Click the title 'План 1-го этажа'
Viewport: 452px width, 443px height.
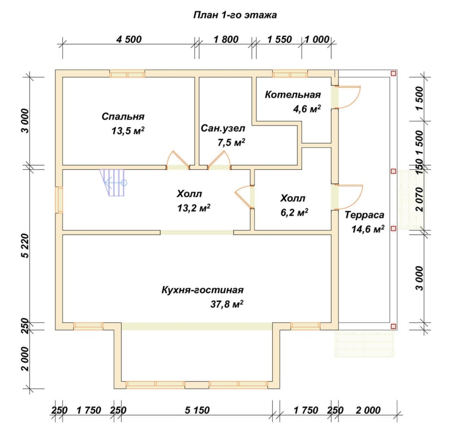[235, 15]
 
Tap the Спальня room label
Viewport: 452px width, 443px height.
[123, 117]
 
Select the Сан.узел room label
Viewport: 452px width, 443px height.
[223, 128]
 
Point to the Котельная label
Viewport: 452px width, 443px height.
[293, 94]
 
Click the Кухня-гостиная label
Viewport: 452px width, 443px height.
[202, 290]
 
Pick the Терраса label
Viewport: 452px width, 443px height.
[365, 215]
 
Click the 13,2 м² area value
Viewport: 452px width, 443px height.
[194, 207]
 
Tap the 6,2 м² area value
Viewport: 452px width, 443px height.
[294, 212]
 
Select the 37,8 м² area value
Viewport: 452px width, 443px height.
[227, 304]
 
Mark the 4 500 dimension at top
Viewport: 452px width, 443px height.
[129, 39]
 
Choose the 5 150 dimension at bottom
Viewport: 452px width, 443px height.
[197, 410]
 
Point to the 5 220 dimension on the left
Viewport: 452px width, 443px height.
[26, 246]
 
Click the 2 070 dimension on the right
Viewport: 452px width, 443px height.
[420, 199]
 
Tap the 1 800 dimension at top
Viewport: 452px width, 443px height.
[226, 39]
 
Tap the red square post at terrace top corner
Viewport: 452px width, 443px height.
[393, 73]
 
